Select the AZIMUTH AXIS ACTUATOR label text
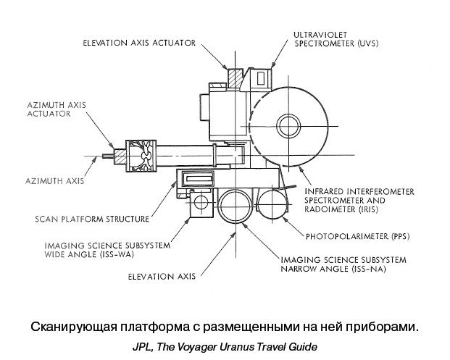click(x=50, y=109)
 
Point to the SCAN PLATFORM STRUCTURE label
click(x=92, y=219)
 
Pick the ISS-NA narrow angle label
click(x=344, y=264)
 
